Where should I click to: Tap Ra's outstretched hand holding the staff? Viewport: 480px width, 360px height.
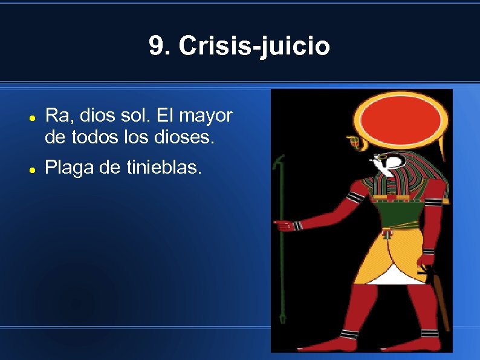(284, 226)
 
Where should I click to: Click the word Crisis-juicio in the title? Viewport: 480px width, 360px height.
(255, 46)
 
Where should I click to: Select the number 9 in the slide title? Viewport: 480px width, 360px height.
(156, 46)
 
